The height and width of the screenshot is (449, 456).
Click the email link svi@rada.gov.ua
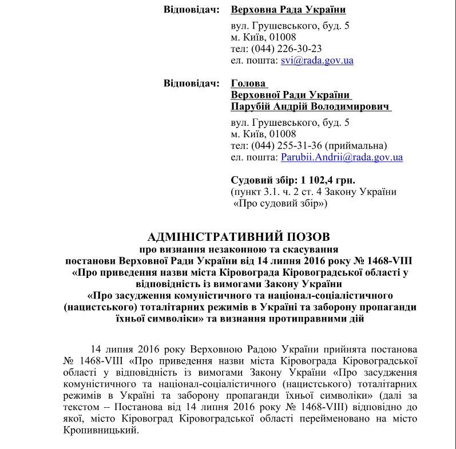316,60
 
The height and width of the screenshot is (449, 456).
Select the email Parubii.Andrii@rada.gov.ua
342,157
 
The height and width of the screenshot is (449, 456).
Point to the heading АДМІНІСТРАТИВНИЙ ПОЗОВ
239,236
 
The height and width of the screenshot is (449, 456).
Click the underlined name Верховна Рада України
288,10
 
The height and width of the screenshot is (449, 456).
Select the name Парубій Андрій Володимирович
310,107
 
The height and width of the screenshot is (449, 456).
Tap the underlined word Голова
249,84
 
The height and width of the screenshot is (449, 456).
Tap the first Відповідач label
191,10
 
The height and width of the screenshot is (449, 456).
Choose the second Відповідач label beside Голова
191,84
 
